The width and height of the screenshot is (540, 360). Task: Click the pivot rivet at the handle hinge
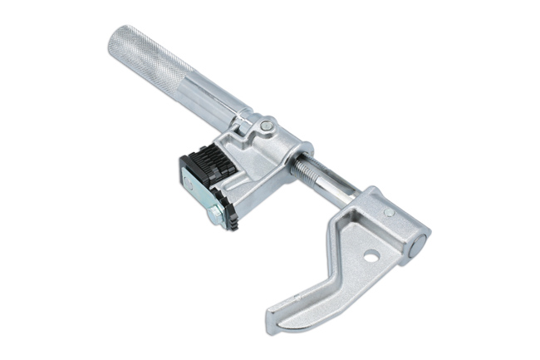[x=265, y=126]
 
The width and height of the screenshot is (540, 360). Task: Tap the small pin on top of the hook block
[x=388, y=212]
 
